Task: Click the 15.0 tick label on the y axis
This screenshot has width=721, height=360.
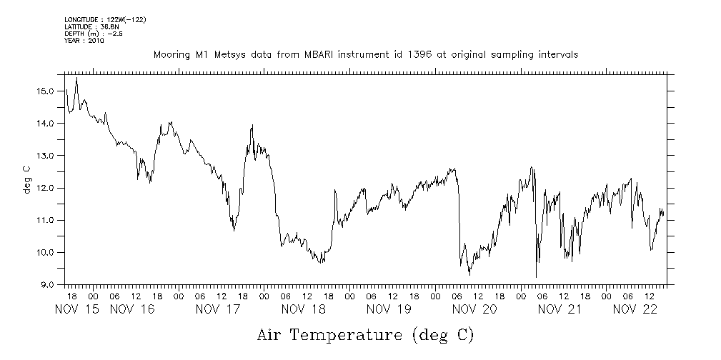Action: pyautogui.click(x=47, y=91)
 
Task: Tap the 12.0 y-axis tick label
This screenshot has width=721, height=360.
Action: pyautogui.click(x=47, y=188)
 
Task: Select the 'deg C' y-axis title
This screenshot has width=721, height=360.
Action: pyautogui.click(x=26, y=179)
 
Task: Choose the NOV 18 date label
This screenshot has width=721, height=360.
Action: pyautogui.click(x=304, y=309)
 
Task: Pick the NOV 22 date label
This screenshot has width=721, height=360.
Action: pyautogui.click(x=635, y=309)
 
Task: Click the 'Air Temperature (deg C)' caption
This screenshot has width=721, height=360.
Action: pyautogui.click(x=365, y=334)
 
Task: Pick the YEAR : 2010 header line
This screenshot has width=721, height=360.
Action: pyautogui.click(x=84, y=41)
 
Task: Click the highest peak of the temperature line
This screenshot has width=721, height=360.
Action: pyautogui.click(x=76, y=79)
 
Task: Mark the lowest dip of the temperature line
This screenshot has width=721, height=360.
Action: pyautogui.click(x=536, y=276)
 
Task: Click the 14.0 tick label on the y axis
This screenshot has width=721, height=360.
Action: pyautogui.click(x=47, y=123)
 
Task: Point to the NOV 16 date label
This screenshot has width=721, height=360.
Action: pyautogui.click(x=132, y=309)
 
